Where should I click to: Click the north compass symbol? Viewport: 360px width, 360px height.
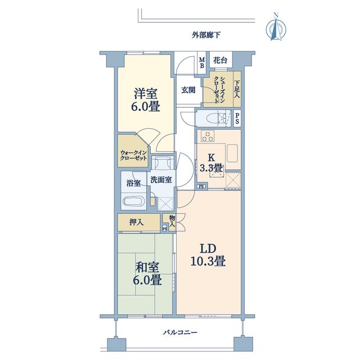pos(276,28)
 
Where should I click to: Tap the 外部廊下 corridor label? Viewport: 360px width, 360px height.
pos(206,35)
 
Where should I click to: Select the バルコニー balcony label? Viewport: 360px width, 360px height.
pos(180,332)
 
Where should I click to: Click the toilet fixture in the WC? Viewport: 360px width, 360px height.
pos(216,118)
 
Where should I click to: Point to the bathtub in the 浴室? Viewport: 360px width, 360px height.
pos(134,201)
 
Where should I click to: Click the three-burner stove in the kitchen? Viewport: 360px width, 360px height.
pos(208,136)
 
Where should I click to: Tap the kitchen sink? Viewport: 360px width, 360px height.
pos(232,153)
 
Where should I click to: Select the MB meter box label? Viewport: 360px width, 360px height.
pos(202,62)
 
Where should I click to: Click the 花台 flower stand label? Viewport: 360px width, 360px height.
pos(220,60)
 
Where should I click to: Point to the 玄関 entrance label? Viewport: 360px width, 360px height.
pos(188,90)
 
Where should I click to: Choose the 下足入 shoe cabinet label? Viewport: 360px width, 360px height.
pos(237,89)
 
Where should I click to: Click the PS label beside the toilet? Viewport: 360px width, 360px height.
pos(237,118)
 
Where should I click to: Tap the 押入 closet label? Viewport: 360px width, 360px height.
pos(136,222)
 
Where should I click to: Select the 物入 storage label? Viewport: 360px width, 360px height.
pos(172,220)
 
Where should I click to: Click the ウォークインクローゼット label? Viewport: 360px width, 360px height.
pos(133,155)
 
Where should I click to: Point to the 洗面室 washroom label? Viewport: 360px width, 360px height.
pos(161,180)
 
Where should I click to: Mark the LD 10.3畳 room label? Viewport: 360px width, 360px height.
pos(208,255)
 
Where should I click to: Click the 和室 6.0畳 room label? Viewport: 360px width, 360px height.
pos(147,274)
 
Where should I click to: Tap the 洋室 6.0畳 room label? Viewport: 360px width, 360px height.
pos(146,100)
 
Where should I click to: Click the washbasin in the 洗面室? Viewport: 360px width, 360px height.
pos(162,163)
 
